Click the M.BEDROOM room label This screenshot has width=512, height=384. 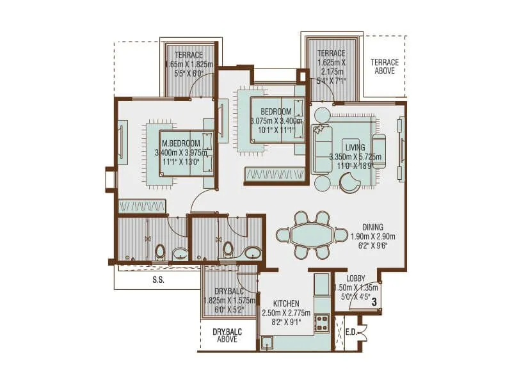tap(181, 143)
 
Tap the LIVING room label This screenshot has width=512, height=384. tap(355, 148)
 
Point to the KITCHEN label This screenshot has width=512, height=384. tap(285, 303)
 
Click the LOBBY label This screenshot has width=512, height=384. tap(355, 279)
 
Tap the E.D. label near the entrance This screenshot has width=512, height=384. tap(351, 332)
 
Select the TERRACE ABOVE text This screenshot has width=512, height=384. tap(385, 67)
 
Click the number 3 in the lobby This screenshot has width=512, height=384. tap(373, 301)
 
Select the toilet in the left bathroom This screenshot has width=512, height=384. tap(160, 251)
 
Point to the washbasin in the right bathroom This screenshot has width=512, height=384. tap(252, 252)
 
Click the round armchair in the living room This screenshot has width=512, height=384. tap(350, 184)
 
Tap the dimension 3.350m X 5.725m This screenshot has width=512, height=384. tap(355, 157)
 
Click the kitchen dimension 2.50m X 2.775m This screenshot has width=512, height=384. tap(285, 313)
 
